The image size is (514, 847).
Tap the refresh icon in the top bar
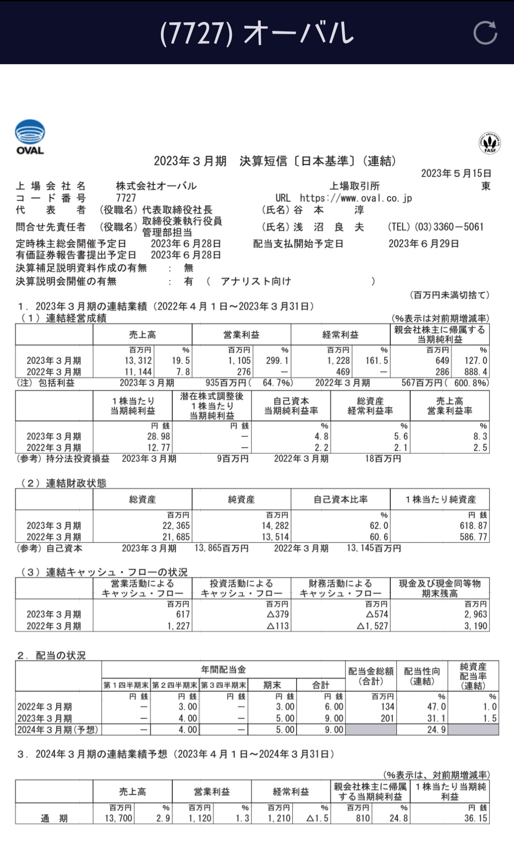click(x=485, y=33)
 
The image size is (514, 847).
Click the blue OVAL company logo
click(x=30, y=137)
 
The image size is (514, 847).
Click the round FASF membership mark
click(x=490, y=143)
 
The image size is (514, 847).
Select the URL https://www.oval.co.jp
click(x=356, y=198)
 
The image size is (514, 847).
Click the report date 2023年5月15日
click(x=456, y=173)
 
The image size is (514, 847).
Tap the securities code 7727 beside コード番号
click(x=126, y=198)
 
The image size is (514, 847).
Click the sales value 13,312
click(x=138, y=361)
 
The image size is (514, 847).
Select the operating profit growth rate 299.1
click(x=277, y=361)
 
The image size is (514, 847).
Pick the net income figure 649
click(x=442, y=361)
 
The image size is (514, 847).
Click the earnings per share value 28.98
click(x=158, y=436)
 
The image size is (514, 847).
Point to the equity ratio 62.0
click(x=379, y=526)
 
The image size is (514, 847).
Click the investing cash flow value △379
click(x=278, y=614)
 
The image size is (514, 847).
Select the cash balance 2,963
click(x=476, y=614)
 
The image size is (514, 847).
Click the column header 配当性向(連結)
click(x=422, y=676)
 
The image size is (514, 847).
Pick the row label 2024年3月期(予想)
click(x=58, y=729)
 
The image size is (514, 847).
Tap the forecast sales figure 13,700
click(x=119, y=818)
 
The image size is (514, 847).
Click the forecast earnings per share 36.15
click(x=475, y=818)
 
